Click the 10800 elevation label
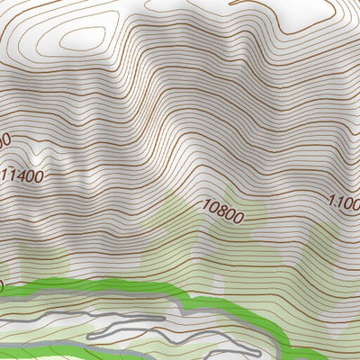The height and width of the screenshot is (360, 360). [223, 212]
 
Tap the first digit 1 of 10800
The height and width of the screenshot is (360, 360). [207, 208]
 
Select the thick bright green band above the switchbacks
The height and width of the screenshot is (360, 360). [108, 290]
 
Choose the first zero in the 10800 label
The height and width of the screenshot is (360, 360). [215, 210]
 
